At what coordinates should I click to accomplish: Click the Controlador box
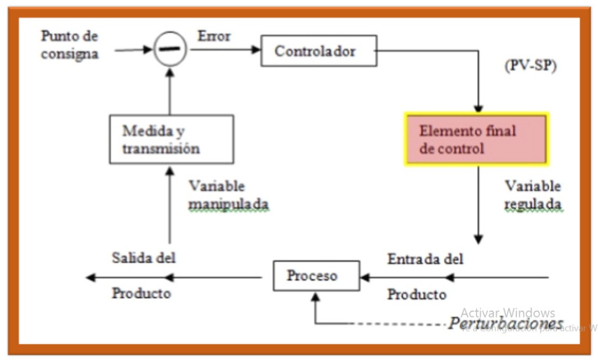318,51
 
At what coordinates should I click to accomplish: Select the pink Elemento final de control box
476,139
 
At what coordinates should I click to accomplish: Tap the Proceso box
316,276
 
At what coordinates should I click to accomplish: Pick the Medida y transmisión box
171,139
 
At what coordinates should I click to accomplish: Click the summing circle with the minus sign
169,49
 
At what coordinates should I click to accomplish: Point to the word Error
214,37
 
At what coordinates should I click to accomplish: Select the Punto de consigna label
70,45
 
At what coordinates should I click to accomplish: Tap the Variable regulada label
533,195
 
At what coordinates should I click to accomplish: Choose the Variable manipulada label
229,195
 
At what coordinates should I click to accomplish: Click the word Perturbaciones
505,323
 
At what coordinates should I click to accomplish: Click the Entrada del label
425,259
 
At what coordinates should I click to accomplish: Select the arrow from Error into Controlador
225,50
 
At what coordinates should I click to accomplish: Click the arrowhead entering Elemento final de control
478,108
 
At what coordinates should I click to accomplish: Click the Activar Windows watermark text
507,313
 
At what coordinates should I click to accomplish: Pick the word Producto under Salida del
141,293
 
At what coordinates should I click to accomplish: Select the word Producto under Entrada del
417,295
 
